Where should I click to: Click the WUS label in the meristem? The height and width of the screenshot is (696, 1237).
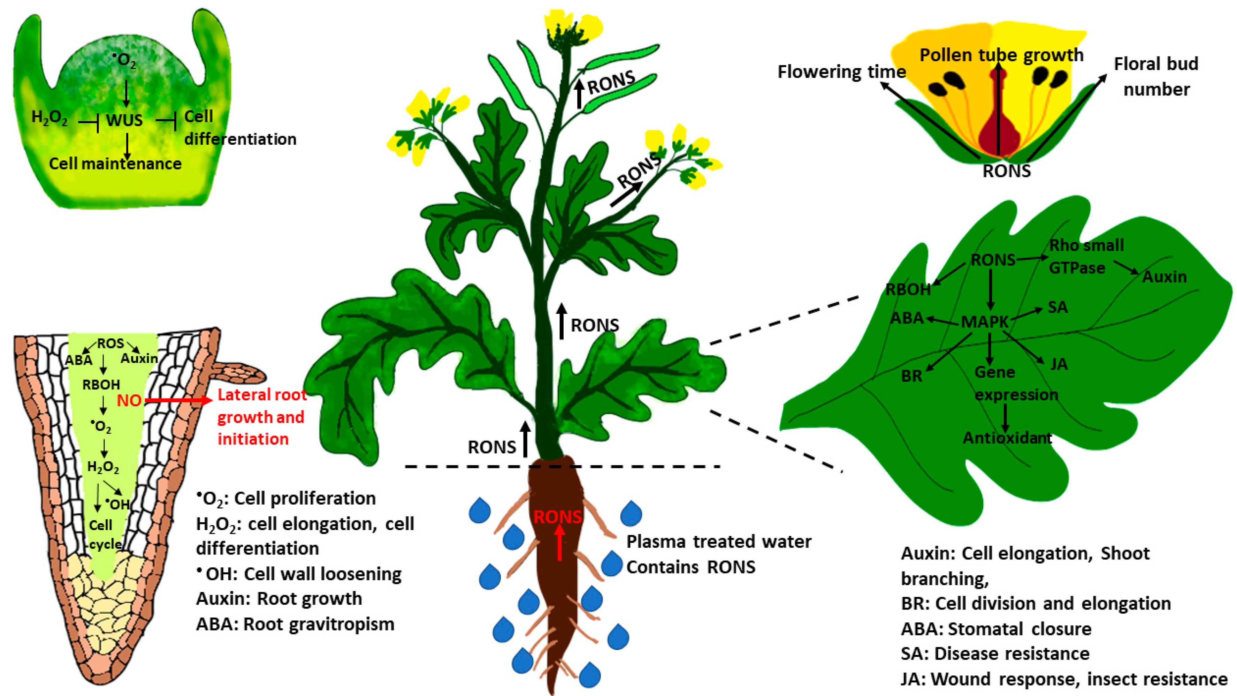[124, 120]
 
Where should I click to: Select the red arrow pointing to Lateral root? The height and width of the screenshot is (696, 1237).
[178, 400]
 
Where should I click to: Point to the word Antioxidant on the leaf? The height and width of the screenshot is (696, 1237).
[1007, 438]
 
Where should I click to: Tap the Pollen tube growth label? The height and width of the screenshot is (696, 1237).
[1001, 55]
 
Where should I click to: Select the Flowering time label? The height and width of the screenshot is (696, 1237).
[841, 72]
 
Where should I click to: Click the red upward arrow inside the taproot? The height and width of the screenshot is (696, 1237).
[559, 543]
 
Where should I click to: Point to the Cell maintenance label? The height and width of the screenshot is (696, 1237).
[115, 164]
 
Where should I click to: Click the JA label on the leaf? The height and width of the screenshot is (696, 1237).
[1059, 364]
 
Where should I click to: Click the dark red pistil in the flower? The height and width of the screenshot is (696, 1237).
[999, 130]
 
